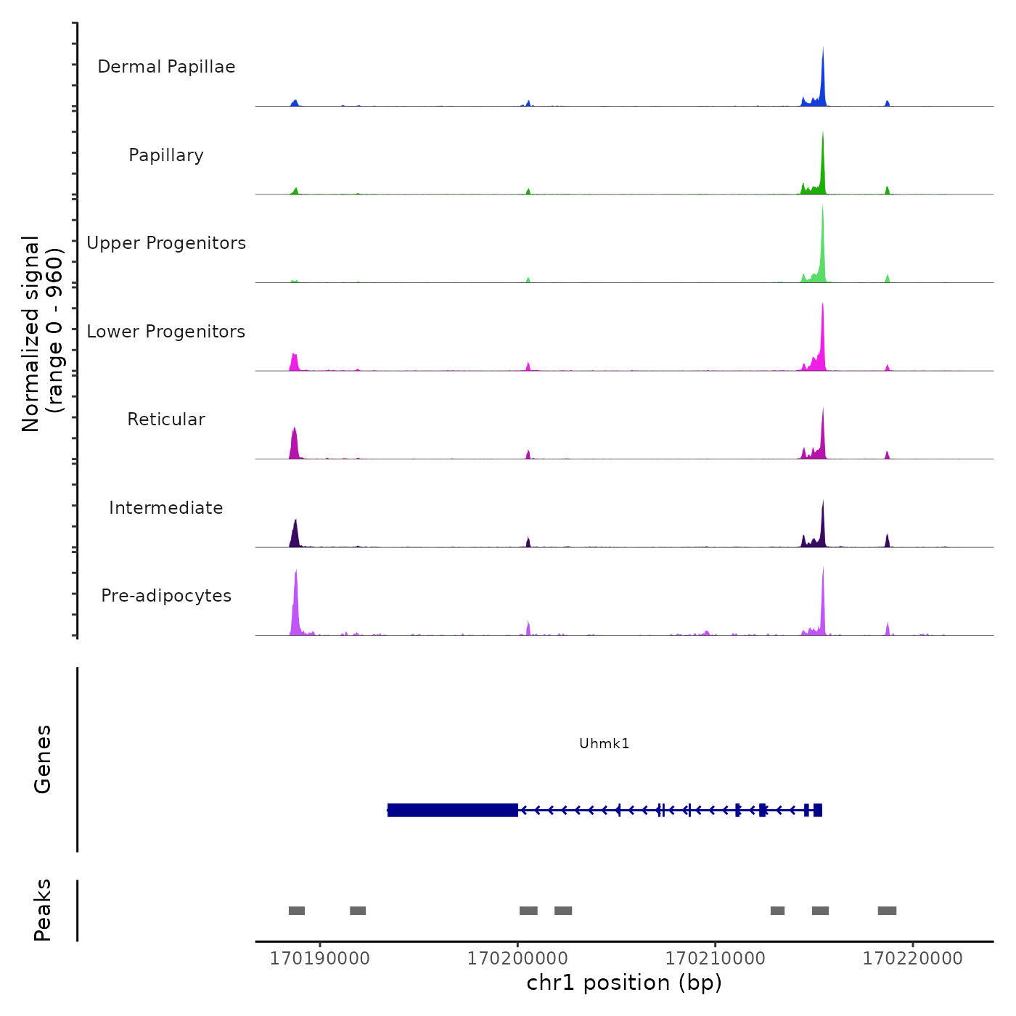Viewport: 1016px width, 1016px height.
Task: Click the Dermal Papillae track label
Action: (166, 67)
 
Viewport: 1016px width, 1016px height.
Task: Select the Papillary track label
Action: (166, 155)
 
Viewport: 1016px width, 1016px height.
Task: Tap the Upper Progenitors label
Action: (166, 243)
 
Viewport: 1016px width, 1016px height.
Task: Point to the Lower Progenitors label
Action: (166, 332)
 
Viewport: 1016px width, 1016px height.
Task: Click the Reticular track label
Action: (166, 419)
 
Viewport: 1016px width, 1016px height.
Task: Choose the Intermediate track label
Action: (166, 508)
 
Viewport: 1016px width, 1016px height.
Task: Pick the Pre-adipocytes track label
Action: (166, 596)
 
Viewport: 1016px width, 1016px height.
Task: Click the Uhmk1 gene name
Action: (604, 743)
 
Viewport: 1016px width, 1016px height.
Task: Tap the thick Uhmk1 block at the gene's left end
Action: (452, 810)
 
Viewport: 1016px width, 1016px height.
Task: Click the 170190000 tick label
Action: (319, 959)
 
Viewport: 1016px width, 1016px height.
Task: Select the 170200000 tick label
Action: (517, 959)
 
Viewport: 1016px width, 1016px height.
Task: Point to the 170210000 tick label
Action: (715, 959)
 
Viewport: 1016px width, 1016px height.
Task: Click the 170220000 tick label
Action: (912, 959)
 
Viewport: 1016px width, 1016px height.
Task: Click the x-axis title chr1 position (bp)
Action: (624, 983)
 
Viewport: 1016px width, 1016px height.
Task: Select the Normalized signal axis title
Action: (42, 334)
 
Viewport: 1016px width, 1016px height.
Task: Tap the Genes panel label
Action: (43, 759)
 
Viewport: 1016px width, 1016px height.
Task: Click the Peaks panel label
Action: (43, 910)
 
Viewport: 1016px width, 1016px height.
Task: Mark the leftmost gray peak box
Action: (297, 911)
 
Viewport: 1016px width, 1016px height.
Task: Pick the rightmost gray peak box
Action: (887, 911)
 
